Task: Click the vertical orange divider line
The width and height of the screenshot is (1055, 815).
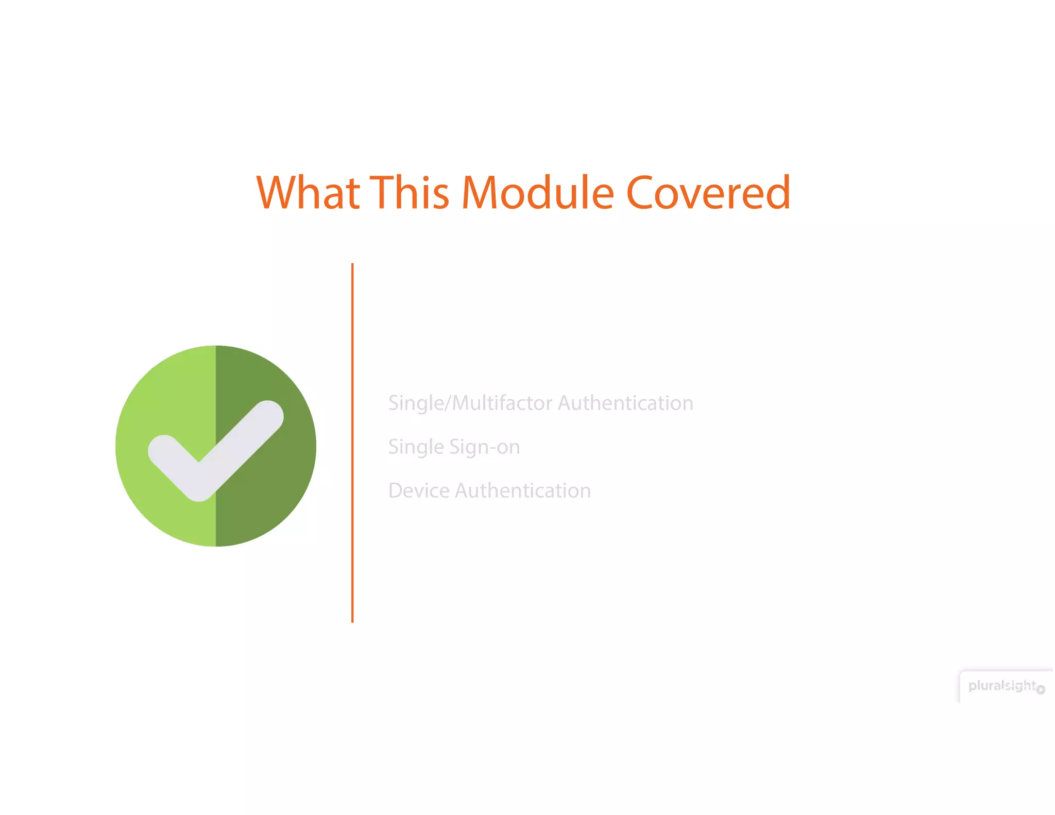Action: pyautogui.click(x=352, y=443)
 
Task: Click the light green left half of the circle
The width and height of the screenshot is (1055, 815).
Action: pyautogui.click(x=155, y=392)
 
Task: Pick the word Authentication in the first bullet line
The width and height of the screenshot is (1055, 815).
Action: pyautogui.click(x=625, y=403)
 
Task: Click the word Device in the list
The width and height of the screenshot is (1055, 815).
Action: pyautogui.click(x=419, y=490)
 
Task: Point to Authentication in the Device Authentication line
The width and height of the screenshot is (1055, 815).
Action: pyautogui.click(x=523, y=490)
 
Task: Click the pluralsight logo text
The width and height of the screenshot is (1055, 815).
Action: pyautogui.click(x=1001, y=686)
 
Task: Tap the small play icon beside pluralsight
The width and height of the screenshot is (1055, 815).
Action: pyautogui.click(x=1041, y=689)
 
